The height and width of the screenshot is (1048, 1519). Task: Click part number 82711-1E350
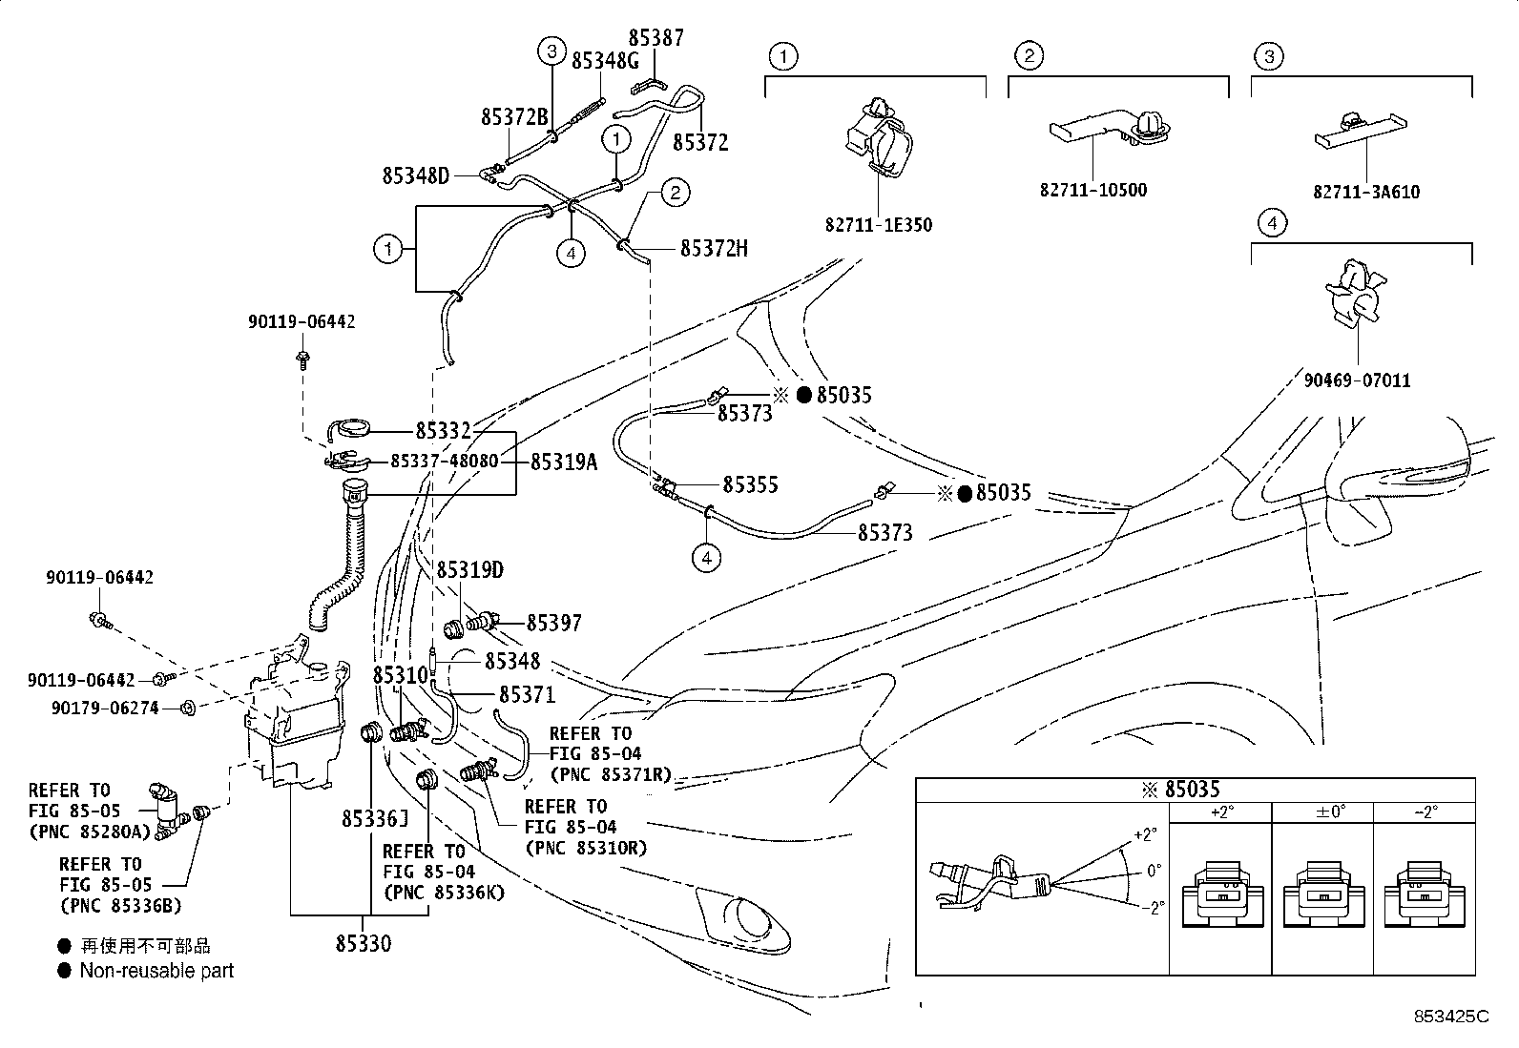pos(878,225)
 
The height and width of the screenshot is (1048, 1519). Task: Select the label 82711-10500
pos(1092,190)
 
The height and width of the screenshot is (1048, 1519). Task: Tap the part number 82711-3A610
pos(1365,192)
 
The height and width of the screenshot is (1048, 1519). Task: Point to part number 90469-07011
pos(1358,380)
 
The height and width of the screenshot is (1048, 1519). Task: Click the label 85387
pos(655,38)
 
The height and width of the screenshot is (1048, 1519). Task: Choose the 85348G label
pos(604,61)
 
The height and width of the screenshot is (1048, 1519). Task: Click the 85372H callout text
pos(714,249)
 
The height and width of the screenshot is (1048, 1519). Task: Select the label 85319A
pos(563,462)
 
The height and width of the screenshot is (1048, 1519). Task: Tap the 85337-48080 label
pos(444,461)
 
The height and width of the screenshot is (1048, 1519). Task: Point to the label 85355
pos(750,484)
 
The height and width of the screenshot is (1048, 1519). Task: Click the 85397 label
pos(554,623)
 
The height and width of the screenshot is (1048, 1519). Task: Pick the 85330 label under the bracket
pos(363,943)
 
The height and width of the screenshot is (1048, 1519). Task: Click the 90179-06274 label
pos(105,709)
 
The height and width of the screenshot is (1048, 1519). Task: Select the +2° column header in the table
pos(1221,812)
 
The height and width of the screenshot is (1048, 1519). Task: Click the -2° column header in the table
pos(1424,812)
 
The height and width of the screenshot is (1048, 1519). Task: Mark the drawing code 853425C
pos(1451,1017)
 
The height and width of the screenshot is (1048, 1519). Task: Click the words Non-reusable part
pos(156,971)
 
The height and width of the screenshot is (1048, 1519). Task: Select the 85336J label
pos(376,818)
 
